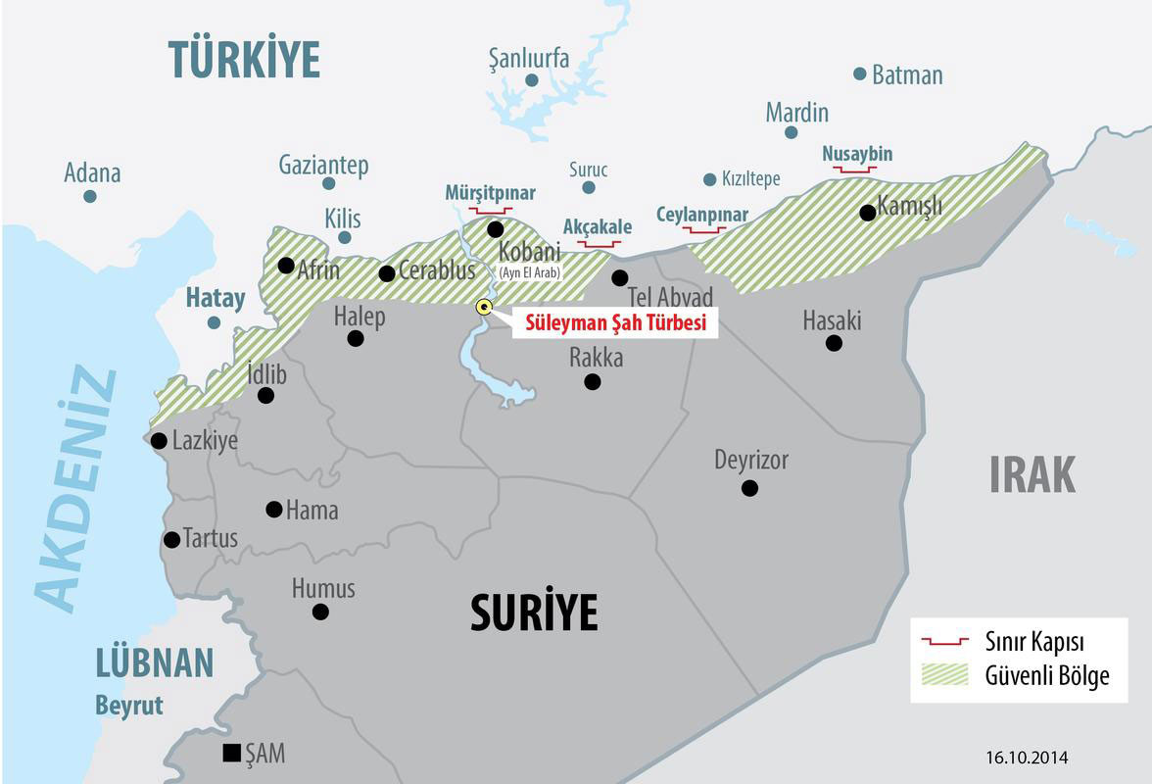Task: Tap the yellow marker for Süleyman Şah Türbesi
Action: pos(484,307)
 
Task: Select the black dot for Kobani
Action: pos(495,229)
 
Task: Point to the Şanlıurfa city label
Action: pos(529,59)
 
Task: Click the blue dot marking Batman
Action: pos(860,73)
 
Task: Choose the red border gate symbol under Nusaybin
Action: pos(854,171)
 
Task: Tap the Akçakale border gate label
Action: pos(598,227)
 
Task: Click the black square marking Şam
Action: pos(231,753)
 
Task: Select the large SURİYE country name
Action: pos(534,613)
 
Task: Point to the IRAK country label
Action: pos(1032,475)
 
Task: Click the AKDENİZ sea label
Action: pos(76,490)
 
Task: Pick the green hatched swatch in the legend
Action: pos(944,675)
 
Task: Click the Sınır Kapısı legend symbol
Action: pos(944,642)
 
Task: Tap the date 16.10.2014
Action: pos(1027,758)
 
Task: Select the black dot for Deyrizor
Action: pos(749,488)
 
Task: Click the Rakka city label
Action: pos(596,358)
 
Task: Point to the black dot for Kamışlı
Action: pos(867,213)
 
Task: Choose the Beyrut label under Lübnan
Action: pos(129,706)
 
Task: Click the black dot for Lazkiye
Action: pos(159,441)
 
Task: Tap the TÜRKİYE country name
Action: pos(244,60)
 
